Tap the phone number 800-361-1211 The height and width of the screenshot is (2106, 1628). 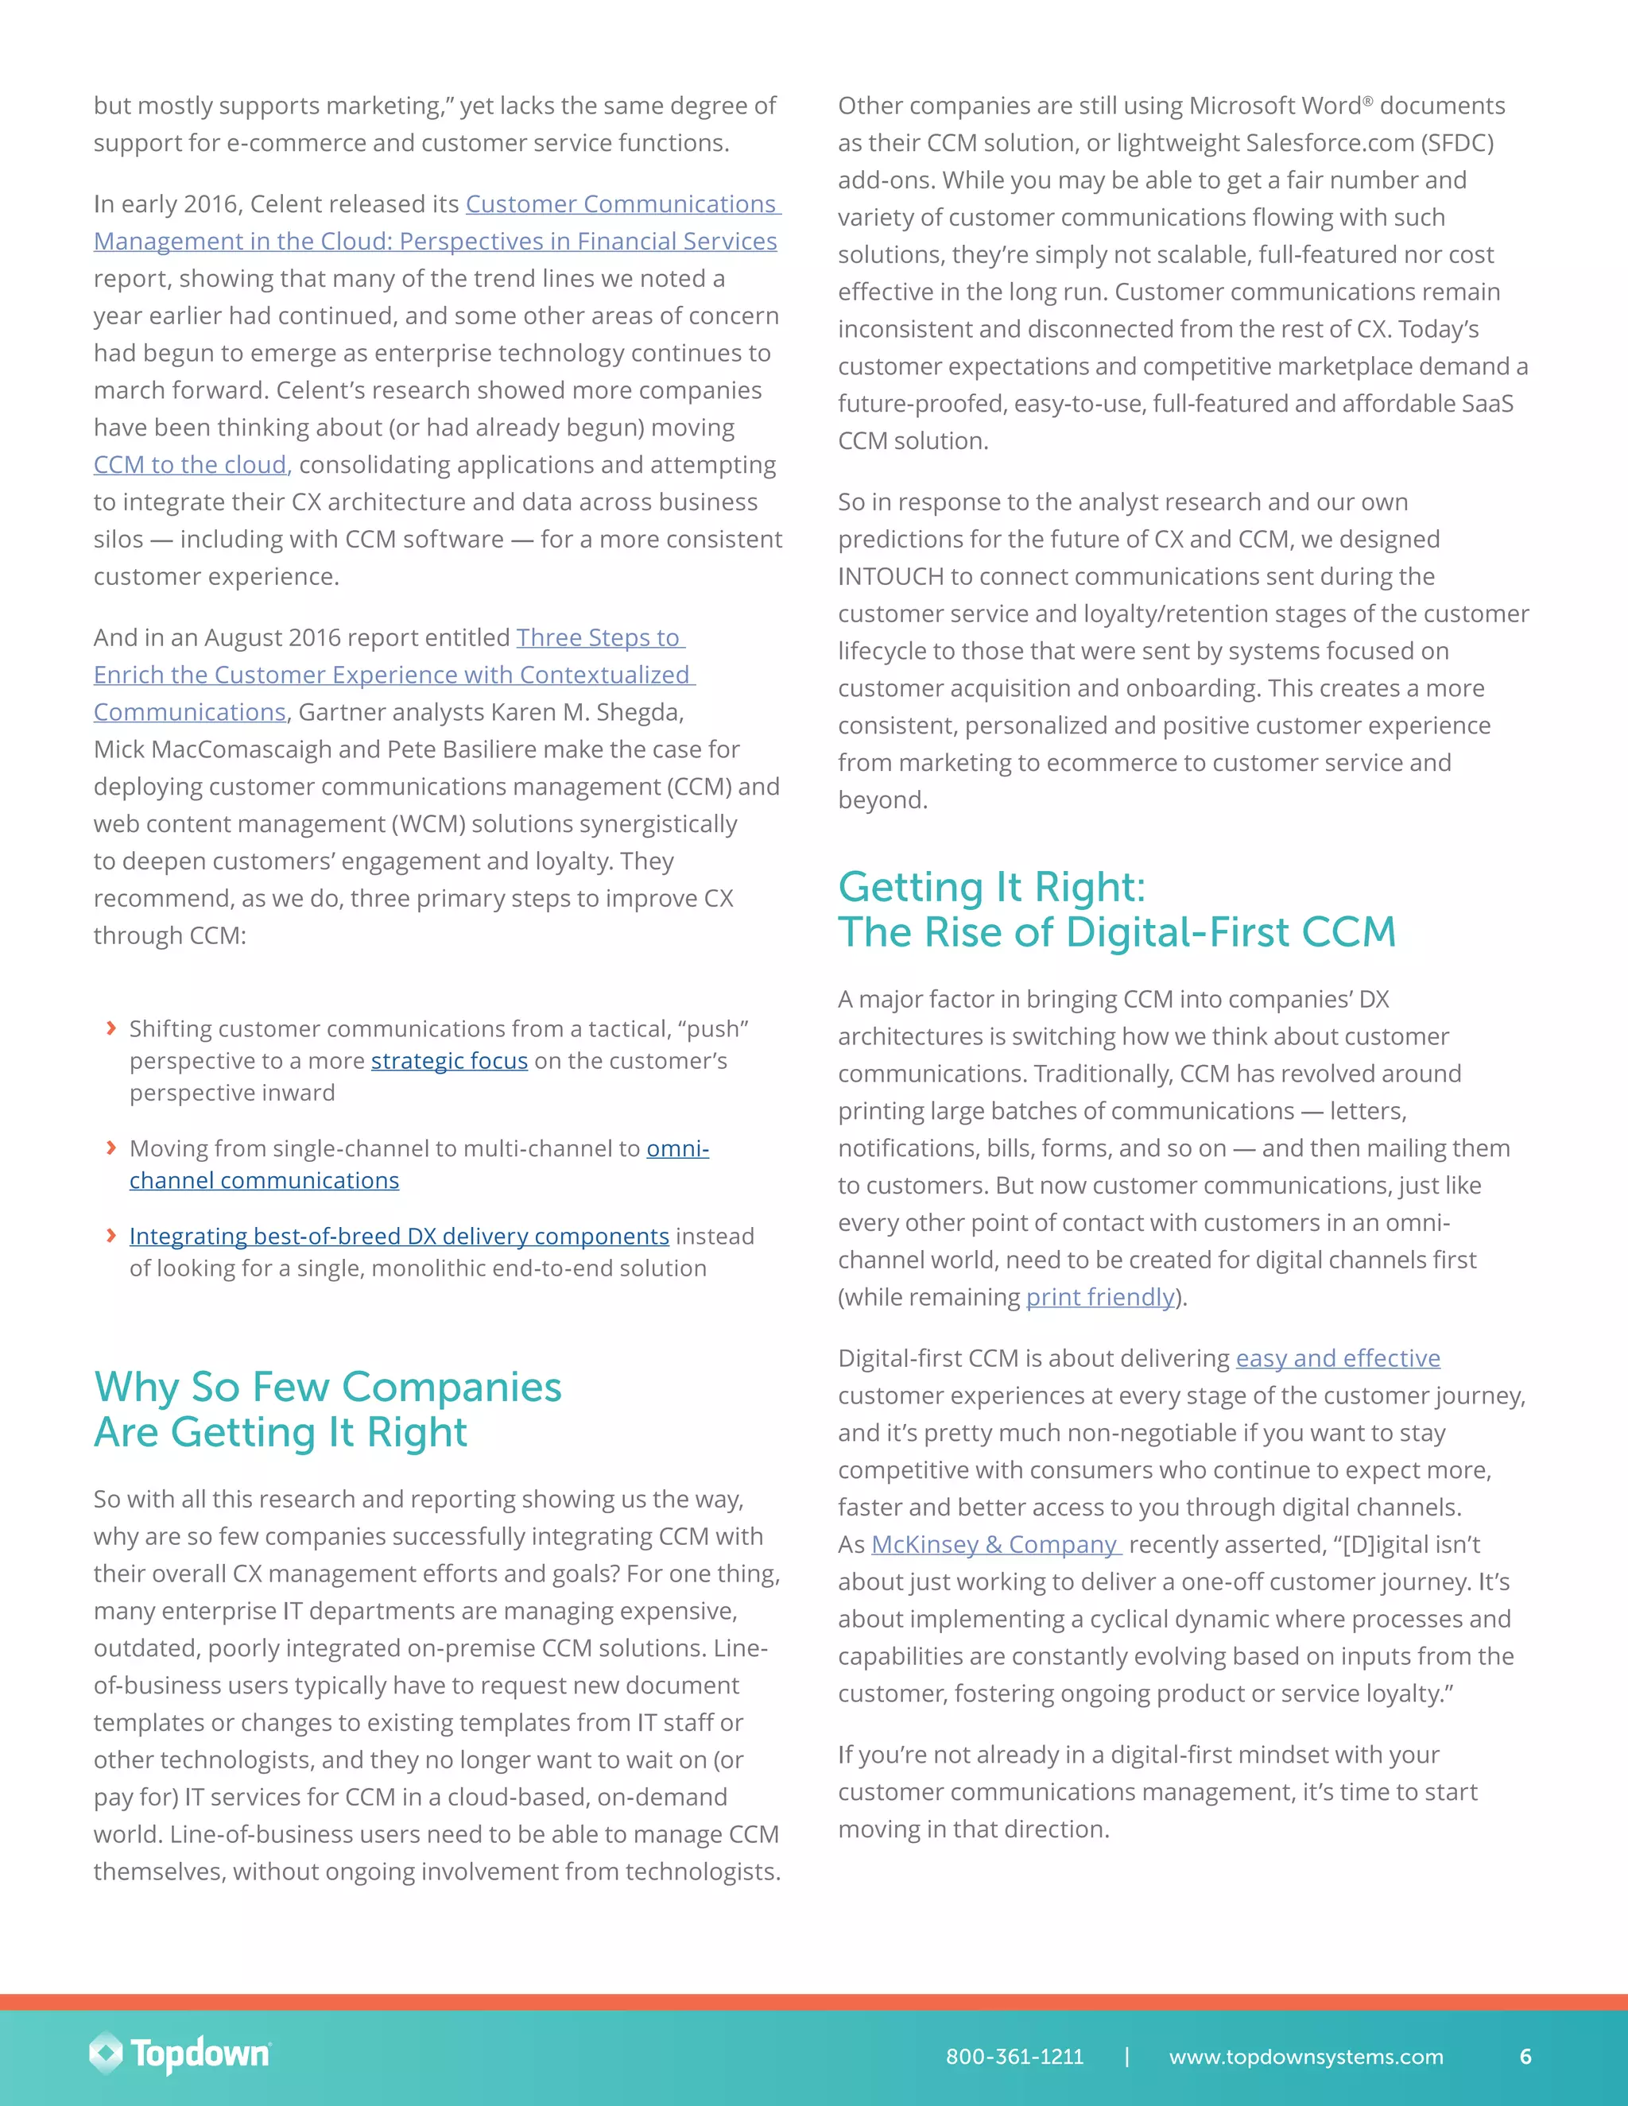(x=1014, y=2056)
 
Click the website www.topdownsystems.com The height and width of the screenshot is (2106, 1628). (x=1306, y=2056)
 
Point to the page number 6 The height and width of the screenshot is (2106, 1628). (x=1525, y=2056)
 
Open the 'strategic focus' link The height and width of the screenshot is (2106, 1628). (x=449, y=1061)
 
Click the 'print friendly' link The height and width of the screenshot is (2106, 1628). (x=1099, y=1297)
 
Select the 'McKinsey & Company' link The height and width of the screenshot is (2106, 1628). (x=994, y=1545)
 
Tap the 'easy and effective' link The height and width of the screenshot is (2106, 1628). (x=1338, y=1359)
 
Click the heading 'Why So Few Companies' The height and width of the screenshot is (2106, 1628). (x=328, y=1387)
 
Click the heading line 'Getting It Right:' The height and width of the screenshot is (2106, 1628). (x=991, y=886)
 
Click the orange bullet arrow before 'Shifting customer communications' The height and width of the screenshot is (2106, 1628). (x=111, y=1028)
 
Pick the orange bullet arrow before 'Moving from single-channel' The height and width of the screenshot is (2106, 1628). (x=111, y=1148)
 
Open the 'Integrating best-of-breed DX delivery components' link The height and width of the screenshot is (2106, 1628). (x=399, y=1237)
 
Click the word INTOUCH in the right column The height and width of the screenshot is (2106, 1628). (x=890, y=577)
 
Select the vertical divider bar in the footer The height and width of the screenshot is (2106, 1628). (x=1126, y=2056)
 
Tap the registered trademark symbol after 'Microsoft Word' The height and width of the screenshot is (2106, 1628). (x=1367, y=99)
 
